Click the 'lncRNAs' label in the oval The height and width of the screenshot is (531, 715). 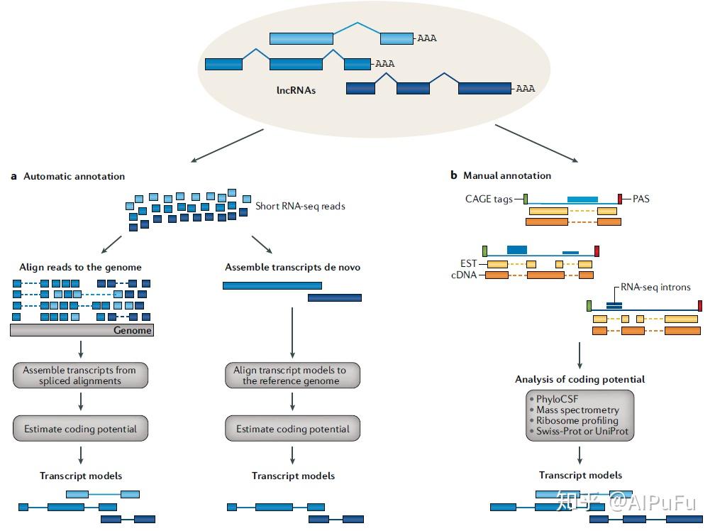coord(296,91)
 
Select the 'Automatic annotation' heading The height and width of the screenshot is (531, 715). coord(74,176)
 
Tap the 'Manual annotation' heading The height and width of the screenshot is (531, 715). coord(506,175)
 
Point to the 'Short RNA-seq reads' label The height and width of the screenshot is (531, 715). coord(300,207)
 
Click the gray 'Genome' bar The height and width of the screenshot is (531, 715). coord(82,330)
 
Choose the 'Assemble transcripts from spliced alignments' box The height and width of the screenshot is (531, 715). coord(79,376)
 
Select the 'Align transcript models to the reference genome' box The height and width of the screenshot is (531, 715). coord(292,376)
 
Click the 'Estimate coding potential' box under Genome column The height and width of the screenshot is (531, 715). coord(80,429)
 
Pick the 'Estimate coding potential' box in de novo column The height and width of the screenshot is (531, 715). coord(292,429)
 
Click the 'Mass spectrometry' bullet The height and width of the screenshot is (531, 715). coord(577,410)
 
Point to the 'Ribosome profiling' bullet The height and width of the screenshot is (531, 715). coord(577,420)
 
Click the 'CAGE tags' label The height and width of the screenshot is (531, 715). coord(489,199)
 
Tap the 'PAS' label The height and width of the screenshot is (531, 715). coord(641,199)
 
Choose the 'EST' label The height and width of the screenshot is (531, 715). coord(468,263)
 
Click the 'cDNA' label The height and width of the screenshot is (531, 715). coord(465,275)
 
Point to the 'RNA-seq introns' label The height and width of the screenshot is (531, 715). coord(655,288)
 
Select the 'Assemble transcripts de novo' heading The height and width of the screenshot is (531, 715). coord(292,268)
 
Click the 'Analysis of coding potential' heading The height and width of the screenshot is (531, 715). coord(580,379)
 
